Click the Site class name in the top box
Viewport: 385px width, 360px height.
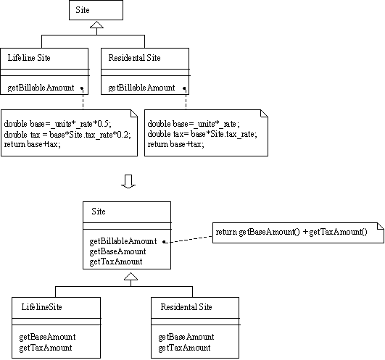83,10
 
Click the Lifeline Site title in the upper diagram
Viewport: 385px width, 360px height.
29,58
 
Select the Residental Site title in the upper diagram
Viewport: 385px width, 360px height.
135,58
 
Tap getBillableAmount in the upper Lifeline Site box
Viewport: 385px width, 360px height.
41,88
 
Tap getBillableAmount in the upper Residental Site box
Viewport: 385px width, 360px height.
141,88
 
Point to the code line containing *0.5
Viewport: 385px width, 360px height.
58,124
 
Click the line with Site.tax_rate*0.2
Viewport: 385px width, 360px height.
67,135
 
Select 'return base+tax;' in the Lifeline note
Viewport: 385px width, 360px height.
32,144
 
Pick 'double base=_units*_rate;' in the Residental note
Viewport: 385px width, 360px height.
194,124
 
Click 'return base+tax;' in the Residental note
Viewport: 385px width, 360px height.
175,144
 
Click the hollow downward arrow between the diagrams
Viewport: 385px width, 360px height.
128,182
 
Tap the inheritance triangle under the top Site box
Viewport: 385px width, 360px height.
96,25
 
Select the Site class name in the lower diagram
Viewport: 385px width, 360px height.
99,212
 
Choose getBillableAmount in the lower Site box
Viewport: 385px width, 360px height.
123,241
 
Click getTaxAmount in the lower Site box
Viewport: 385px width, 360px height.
116,261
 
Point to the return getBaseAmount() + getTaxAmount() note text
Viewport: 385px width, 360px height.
291,232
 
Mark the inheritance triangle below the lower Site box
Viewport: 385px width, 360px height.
131,277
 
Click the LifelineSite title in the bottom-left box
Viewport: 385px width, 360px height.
42,307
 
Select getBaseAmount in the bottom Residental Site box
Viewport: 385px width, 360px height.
186,337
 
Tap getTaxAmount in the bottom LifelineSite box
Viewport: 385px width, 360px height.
46,348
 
